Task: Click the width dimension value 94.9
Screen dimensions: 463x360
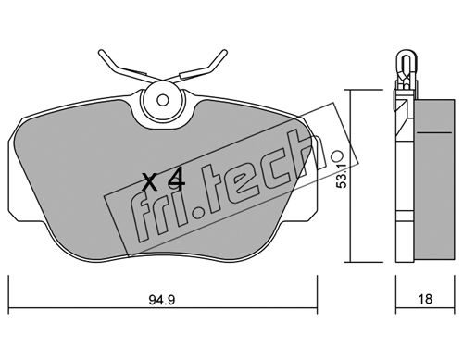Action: click(x=162, y=300)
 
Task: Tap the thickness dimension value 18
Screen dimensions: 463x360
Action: click(x=425, y=299)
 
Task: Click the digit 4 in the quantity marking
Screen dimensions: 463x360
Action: click(x=176, y=180)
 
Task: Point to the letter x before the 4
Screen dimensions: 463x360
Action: click(x=151, y=181)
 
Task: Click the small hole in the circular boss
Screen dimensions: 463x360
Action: click(x=162, y=100)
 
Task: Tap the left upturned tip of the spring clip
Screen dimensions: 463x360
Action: click(x=101, y=53)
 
